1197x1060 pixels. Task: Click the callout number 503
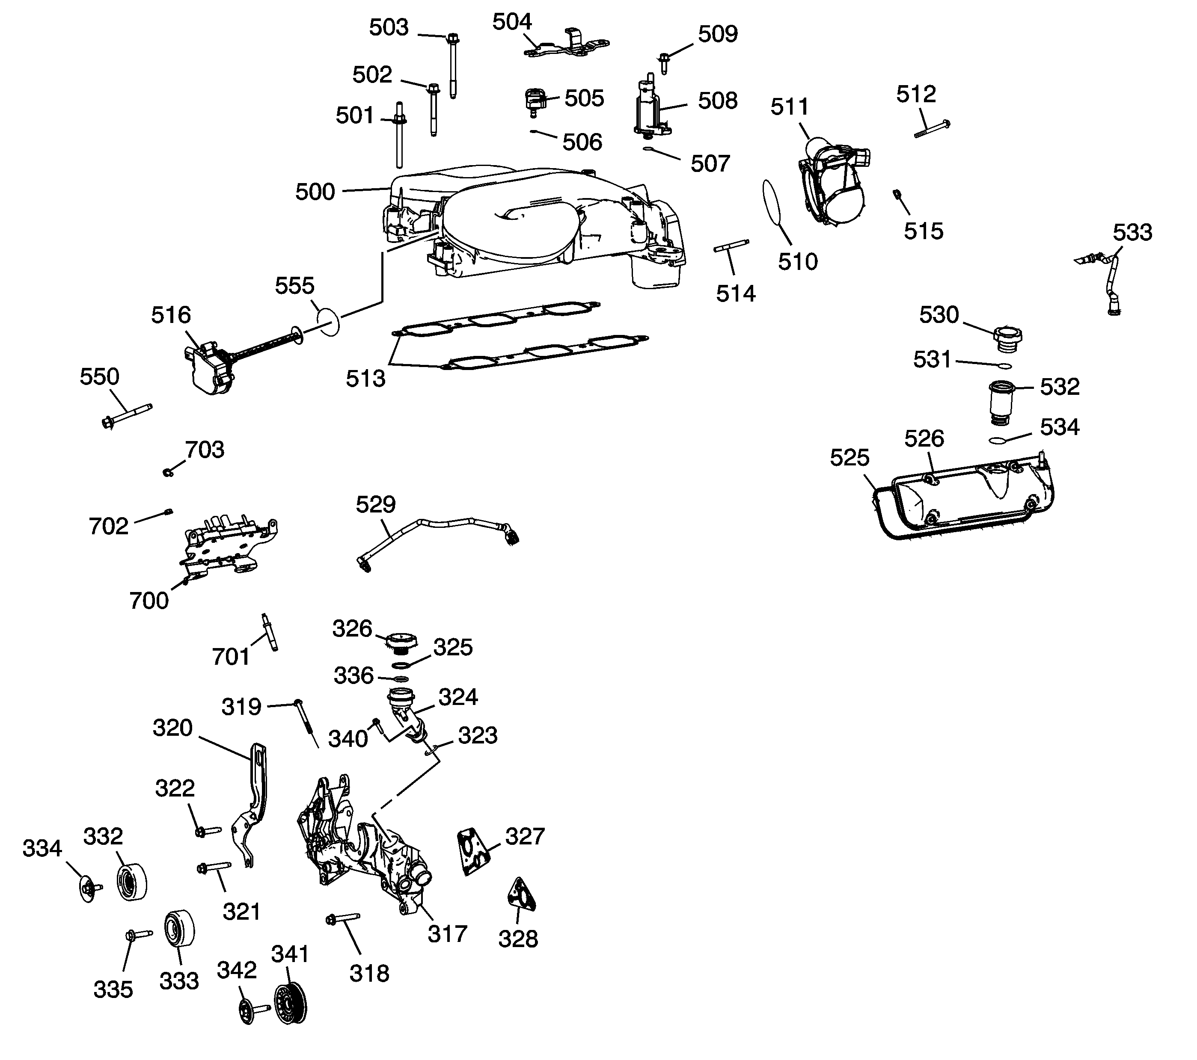tap(389, 27)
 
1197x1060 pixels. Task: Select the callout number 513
tap(365, 379)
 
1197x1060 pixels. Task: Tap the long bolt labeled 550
tap(126, 415)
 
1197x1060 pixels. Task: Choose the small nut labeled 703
tap(167, 471)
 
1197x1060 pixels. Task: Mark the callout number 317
tap(447, 933)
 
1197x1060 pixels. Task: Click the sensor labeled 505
tap(534, 101)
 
